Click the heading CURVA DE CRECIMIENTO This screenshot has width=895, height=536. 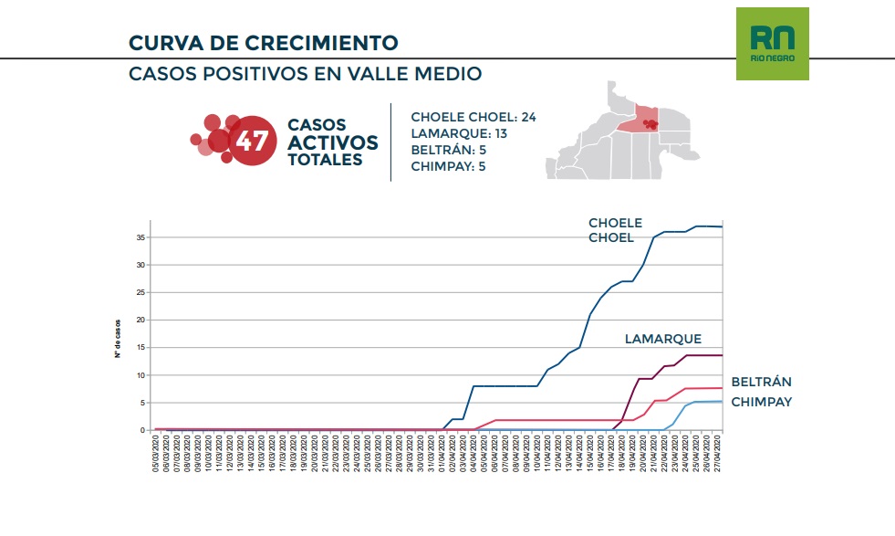coord(263,43)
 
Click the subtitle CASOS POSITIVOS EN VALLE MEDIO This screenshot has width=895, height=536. coord(305,74)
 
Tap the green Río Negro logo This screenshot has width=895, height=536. coord(772,44)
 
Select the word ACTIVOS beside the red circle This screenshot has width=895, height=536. coord(332,142)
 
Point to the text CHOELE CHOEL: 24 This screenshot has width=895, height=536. coord(473,118)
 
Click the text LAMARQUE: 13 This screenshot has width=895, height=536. coord(459,134)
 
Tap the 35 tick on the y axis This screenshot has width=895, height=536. coord(142,237)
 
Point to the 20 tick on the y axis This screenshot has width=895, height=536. coord(142,320)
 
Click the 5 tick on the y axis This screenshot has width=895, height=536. coord(144,403)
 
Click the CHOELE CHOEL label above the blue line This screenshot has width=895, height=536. coord(615,230)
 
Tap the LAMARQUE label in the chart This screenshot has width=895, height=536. coord(663,339)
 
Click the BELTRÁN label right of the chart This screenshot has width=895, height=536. coord(761,382)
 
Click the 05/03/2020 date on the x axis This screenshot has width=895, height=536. coord(158,454)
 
